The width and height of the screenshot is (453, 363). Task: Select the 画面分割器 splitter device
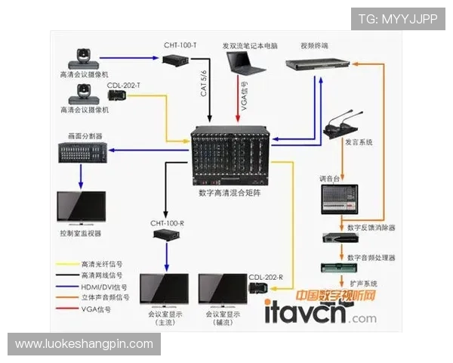pos(82,154)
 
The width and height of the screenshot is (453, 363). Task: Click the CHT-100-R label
pos(167,223)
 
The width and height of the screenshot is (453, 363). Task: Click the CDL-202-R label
pos(265,277)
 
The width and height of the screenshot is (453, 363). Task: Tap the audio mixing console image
pos(347,199)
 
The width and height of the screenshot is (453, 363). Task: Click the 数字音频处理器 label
pos(371,258)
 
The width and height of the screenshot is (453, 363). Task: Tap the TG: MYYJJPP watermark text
pos(397,19)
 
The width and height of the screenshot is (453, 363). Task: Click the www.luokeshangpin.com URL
pos(84,344)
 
